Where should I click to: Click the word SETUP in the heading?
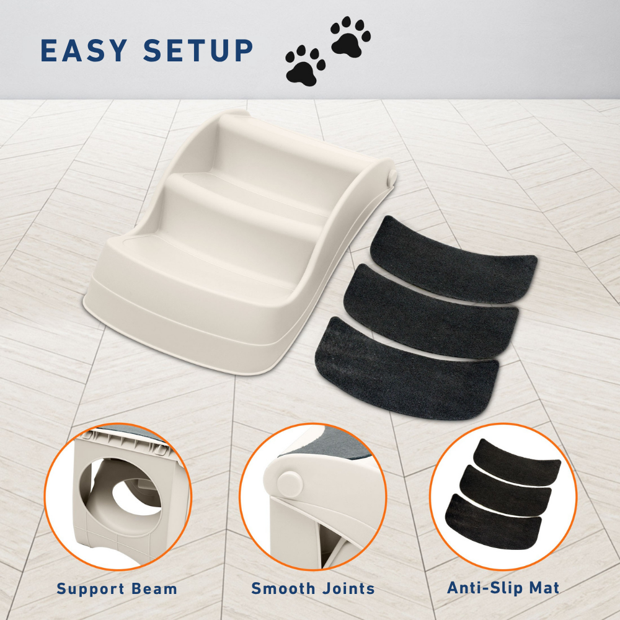pos(198,51)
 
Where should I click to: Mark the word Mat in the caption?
pos(544,588)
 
